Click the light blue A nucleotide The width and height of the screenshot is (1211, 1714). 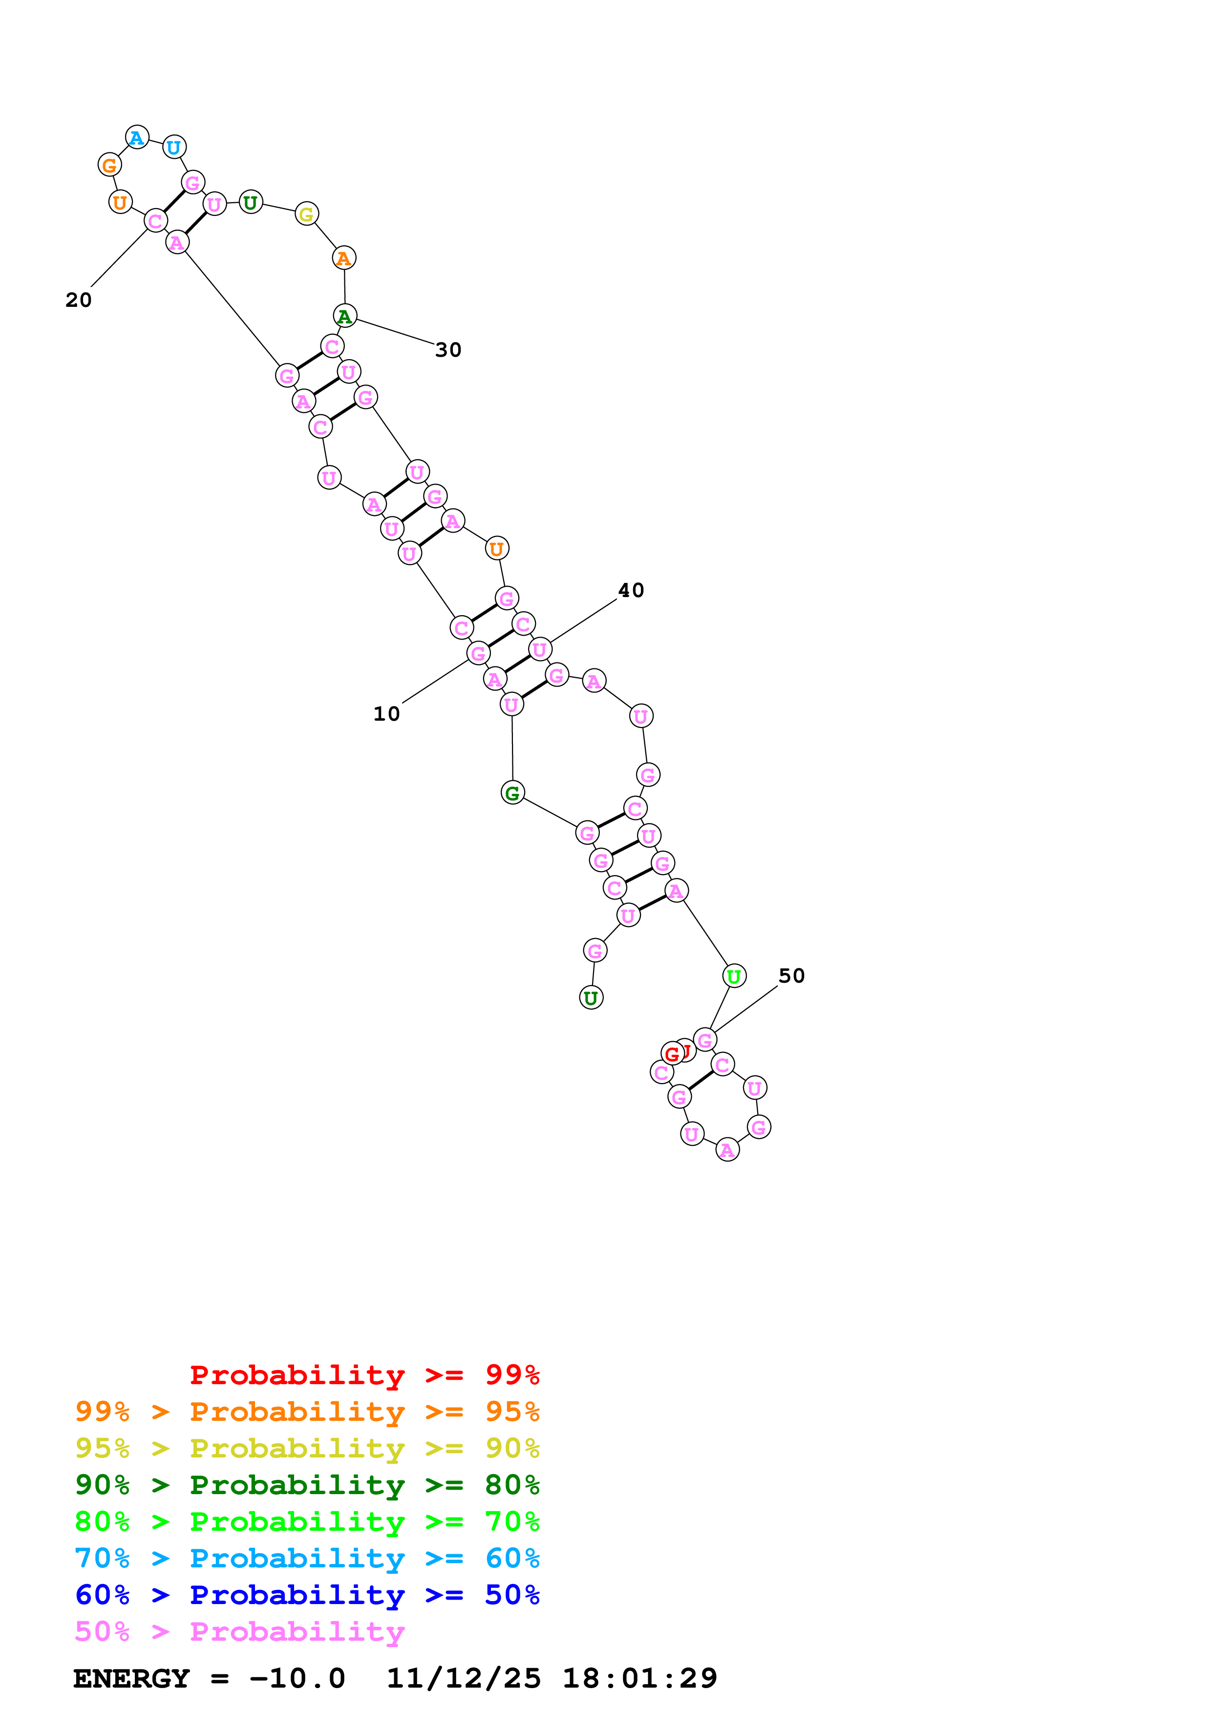[x=137, y=137]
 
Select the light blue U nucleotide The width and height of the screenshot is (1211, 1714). [x=174, y=147]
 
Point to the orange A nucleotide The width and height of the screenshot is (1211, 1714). [x=344, y=258]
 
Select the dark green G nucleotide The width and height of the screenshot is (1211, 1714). [x=512, y=793]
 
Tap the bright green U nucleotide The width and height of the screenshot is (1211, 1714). [x=734, y=976]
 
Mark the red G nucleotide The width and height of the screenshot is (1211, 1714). [x=672, y=1053]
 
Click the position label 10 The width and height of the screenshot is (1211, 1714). [x=386, y=714]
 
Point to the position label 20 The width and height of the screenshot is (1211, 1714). [x=78, y=300]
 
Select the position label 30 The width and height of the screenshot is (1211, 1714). [x=448, y=350]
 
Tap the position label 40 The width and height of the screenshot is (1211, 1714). [x=631, y=591]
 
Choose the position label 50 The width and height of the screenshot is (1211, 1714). [x=792, y=976]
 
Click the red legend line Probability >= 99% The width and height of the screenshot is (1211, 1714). [x=364, y=1375]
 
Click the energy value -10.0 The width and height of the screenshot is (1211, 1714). [x=297, y=1679]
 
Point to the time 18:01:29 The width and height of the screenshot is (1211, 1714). [x=639, y=1679]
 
